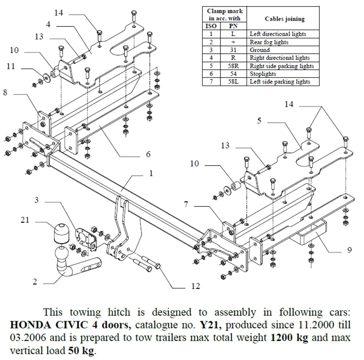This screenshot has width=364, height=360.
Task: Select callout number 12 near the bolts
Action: point(195,287)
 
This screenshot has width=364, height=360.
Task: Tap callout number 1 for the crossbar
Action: point(151,174)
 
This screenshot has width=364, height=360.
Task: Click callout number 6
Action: point(148,154)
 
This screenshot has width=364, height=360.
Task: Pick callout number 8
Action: point(5,93)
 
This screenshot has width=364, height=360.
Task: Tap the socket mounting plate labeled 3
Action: point(85,237)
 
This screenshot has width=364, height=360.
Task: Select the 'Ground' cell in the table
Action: point(260,50)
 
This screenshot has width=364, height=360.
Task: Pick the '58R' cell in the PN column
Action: point(233,66)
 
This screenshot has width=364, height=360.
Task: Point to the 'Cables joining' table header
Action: point(285,19)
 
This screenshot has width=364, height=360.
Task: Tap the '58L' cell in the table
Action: point(233,82)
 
